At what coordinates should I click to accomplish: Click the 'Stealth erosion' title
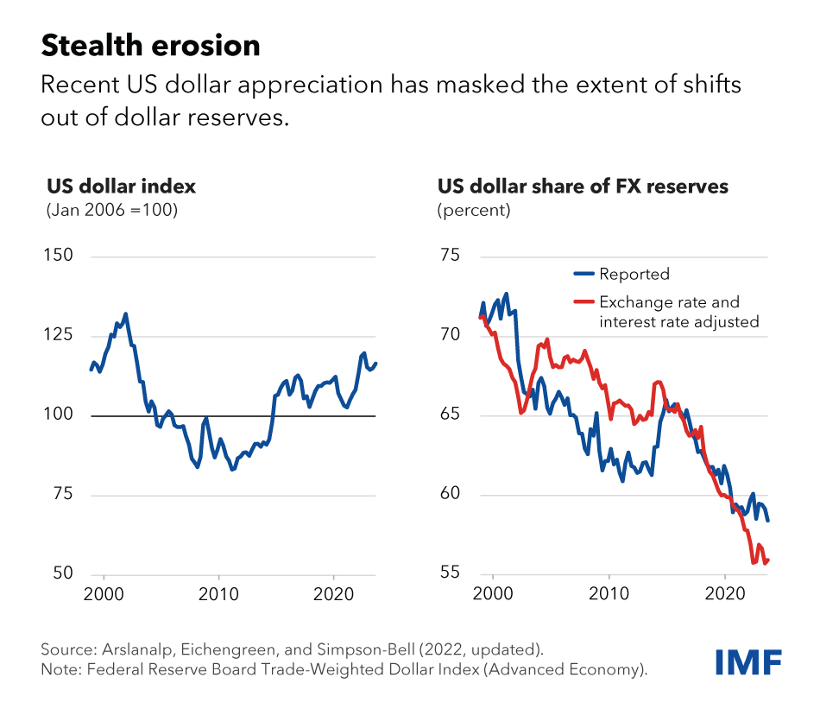pyautogui.click(x=150, y=46)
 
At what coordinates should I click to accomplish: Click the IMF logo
pyautogui.click(x=748, y=662)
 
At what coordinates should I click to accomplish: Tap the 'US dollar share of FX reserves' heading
pyautogui.click(x=583, y=187)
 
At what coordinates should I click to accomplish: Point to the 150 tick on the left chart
pyautogui.click(x=57, y=256)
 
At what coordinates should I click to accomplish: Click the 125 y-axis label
pyautogui.click(x=57, y=336)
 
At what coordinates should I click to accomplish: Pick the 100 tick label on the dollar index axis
pyautogui.click(x=57, y=415)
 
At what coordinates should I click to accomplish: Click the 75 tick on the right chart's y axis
pyautogui.click(x=451, y=256)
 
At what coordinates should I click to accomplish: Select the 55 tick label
pyautogui.click(x=451, y=574)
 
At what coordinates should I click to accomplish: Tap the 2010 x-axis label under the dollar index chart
pyautogui.click(x=219, y=595)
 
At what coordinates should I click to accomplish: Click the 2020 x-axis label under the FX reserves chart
pyautogui.click(x=725, y=595)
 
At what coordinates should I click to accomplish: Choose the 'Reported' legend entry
pyautogui.click(x=634, y=275)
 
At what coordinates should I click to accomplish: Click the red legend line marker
pyautogui.click(x=584, y=303)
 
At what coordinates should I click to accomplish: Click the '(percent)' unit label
pyautogui.click(x=474, y=210)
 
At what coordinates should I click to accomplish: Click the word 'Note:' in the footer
pyautogui.click(x=60, y=670)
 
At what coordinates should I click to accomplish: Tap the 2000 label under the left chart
pyautogui.click(x=104, y=595)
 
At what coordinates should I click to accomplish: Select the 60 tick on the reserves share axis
pyautogui.click(x=451, y=495)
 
